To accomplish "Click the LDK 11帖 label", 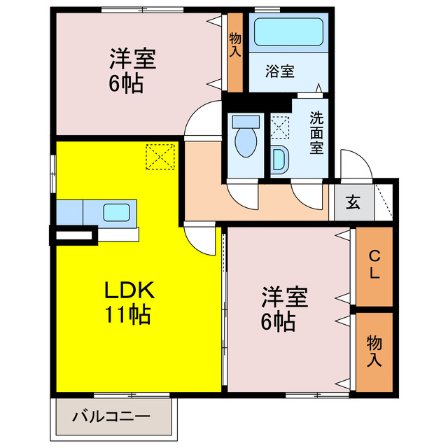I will click(128, 302).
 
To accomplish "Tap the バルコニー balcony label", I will click(112, 417).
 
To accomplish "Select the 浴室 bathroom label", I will click(279, 71).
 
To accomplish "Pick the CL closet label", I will click(374, 265).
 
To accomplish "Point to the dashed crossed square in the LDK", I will click(160, 156).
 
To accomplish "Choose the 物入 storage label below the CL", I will click(374, 351).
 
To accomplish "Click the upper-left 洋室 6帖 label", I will click(131, 70).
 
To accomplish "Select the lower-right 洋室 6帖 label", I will click(284, 309).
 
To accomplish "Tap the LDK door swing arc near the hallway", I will click(202, 241).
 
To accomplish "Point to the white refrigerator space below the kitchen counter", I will click(73, 237).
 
